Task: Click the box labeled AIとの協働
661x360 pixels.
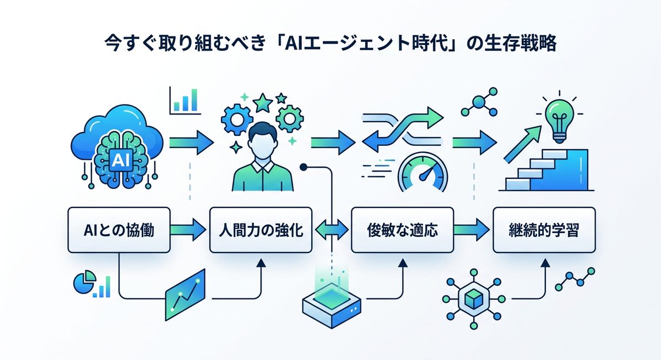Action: click(119, 230)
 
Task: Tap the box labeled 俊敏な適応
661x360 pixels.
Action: click(402, 230)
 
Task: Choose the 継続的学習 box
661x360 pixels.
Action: click(544, 230)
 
